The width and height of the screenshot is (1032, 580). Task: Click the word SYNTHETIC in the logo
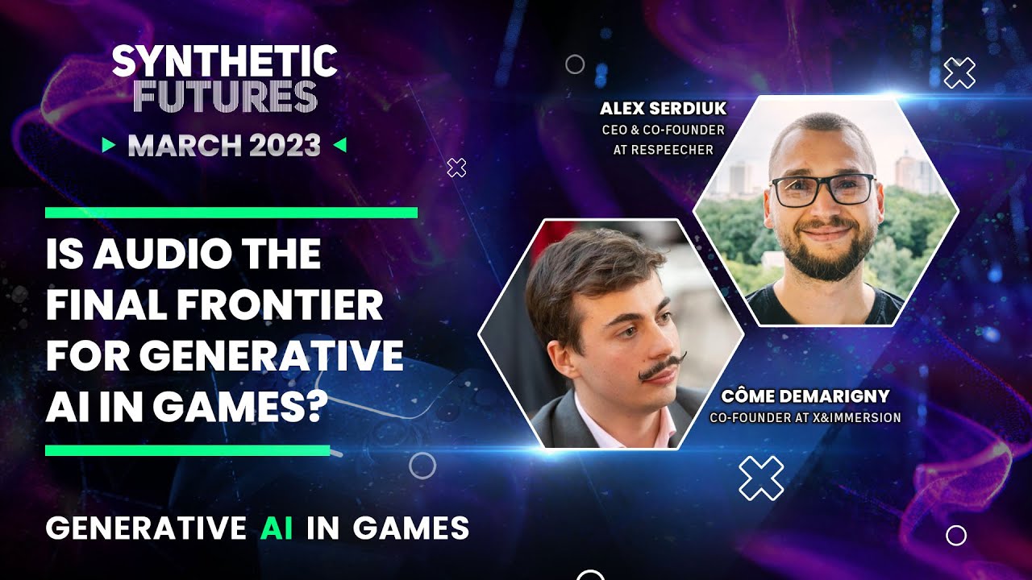225,60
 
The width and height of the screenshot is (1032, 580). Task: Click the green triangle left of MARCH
109,145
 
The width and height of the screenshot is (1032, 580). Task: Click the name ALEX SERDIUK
663,109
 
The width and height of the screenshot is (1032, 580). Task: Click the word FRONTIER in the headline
280,304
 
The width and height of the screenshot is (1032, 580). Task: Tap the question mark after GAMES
314,407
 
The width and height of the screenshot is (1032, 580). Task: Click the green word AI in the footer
277,528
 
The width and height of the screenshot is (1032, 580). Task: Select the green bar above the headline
231,213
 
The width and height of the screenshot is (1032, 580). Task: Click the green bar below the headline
188,450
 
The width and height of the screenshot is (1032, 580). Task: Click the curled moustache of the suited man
662,367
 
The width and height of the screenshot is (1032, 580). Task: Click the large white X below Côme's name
761,478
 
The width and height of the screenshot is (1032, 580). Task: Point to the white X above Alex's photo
959,72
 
